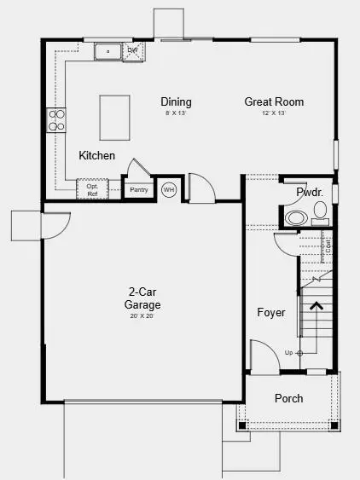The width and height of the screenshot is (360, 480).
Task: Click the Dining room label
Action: pyautogui.click(x=175, y=101)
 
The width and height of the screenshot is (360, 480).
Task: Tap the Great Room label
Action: pyautogui.click(x=274, y=101)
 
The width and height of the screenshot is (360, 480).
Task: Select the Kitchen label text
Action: pyautogui.click(x=97, y=156)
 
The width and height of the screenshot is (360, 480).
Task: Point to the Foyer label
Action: pyautogui.click(x=271, y=312)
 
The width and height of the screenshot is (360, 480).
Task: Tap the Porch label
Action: pyautogui.click(x=288, y=398)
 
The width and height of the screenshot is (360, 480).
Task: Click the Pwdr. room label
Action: pyautogui.click(x=309, y=194)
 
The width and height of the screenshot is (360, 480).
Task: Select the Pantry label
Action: pyautogui.click(x=139, y=189)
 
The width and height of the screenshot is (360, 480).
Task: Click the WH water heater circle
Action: pyautogui.click(x=168, y=189)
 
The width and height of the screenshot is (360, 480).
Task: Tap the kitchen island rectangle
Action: pyautogui.click(x=117, y=118)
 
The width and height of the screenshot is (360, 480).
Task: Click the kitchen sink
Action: pyautogui.click(x=109, y=51)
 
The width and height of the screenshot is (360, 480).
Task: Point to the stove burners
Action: pyautogui.click(x=57, y=120)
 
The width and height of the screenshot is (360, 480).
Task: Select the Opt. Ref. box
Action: pyautogui.click(x=91, y=189)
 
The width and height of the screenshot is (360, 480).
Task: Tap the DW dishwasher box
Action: pyautogui.click(x=133, y=51)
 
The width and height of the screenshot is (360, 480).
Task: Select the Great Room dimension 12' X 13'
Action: pyautogui.click(x=274, y=113)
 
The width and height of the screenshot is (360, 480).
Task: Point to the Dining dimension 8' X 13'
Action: pyautogui.click(x=175, y=113)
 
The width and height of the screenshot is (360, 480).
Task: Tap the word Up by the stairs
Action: pyautogui.click(x=289, y=352)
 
